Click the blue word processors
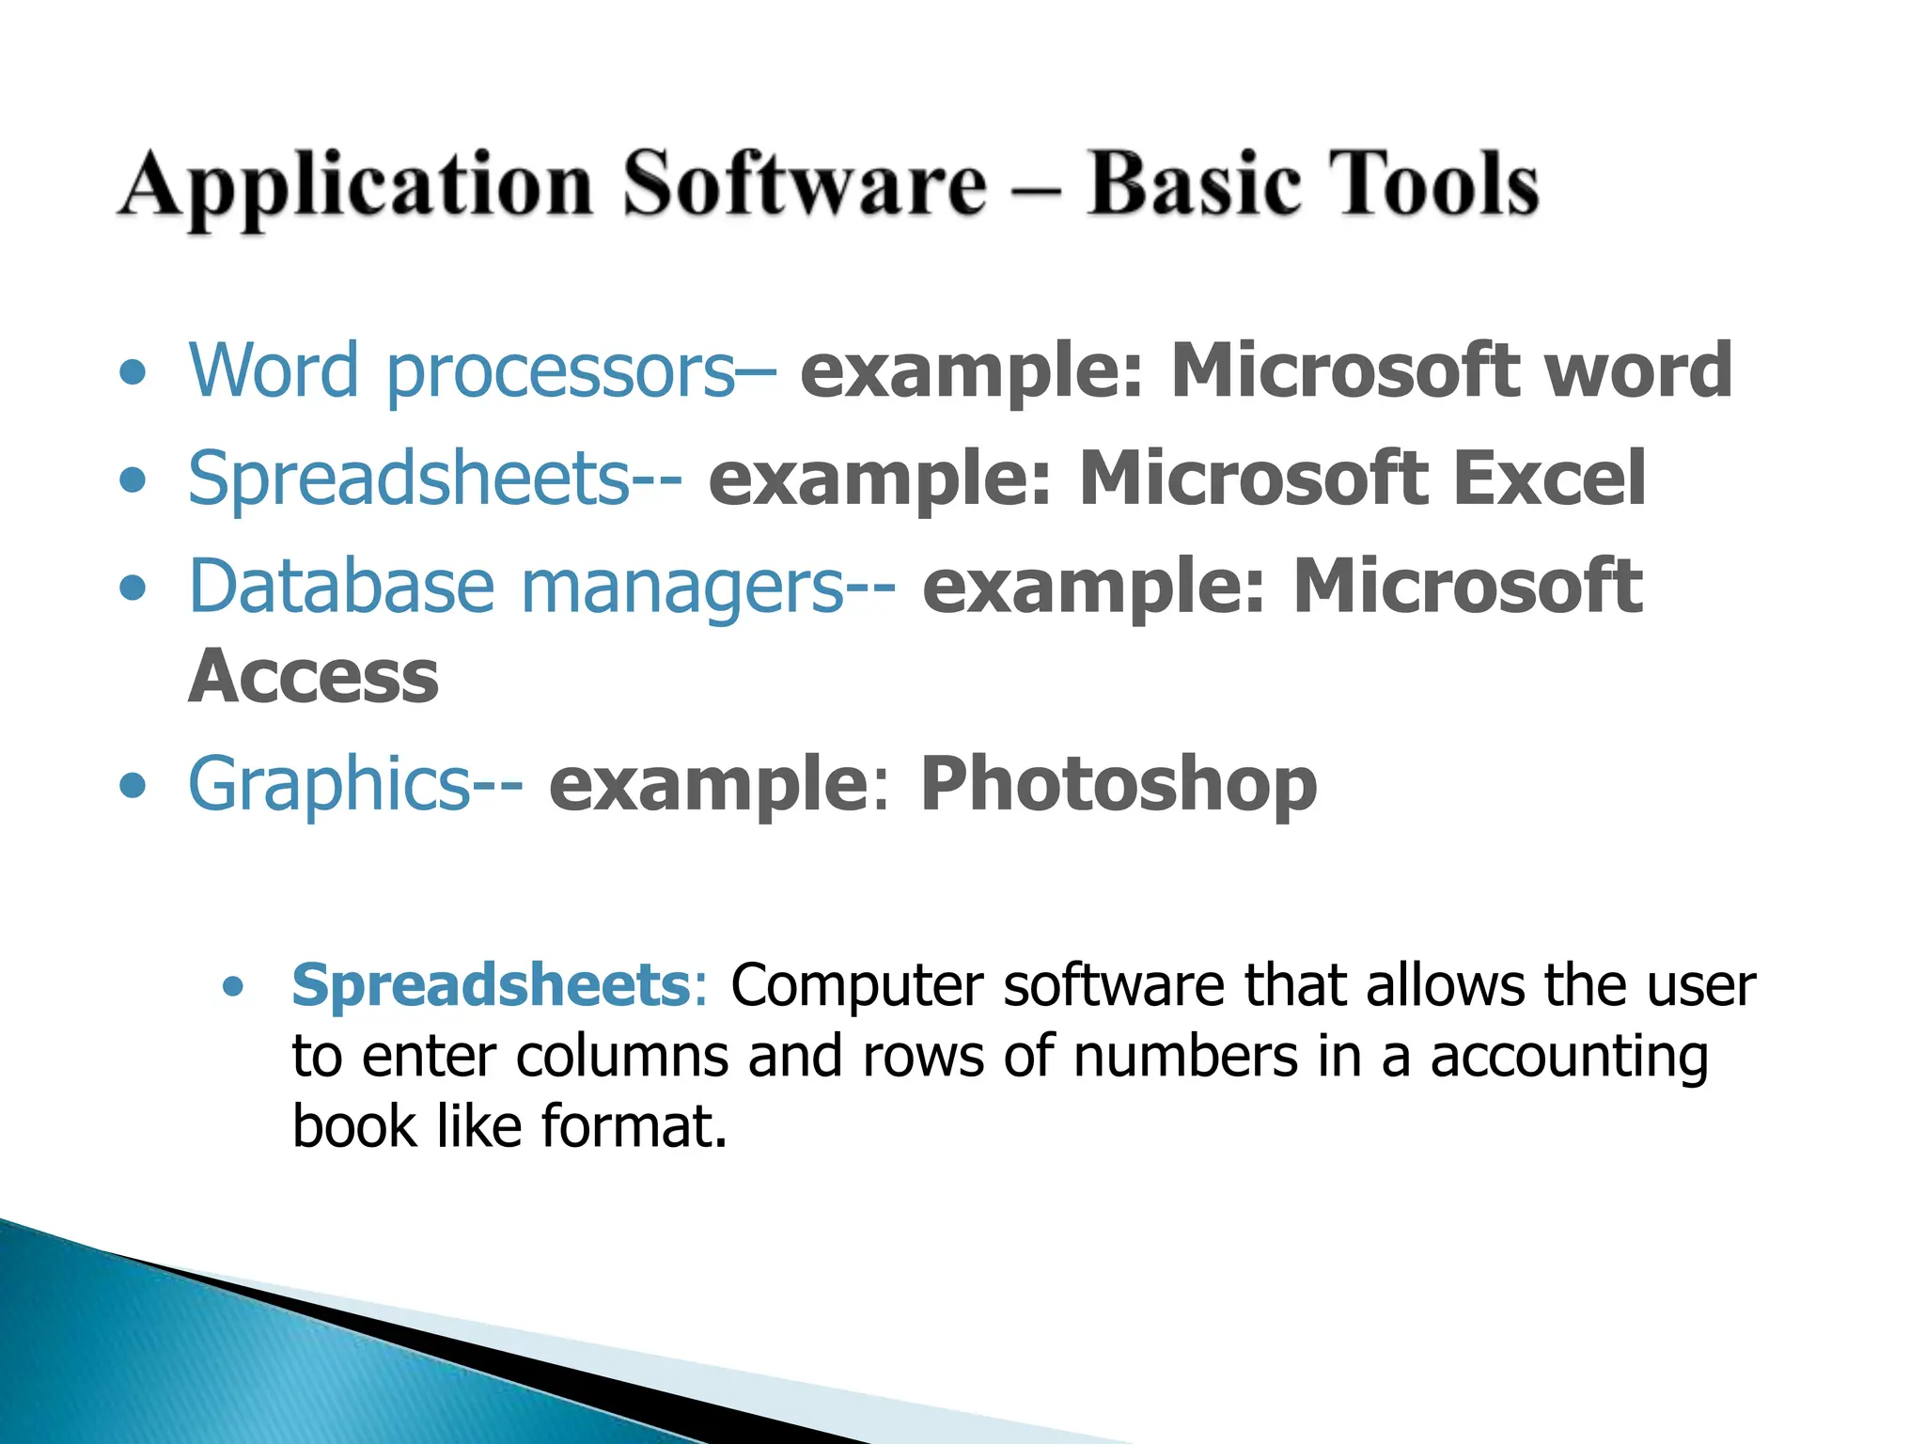pyautogui.click(x=560, y=373)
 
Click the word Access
pyautogui.click(x=314, y=677)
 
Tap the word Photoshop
pyautogui.click(x=1118, y=785)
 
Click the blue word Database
pyautogui.click(x=341, y=587)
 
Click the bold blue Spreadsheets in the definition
pyautogui.click(x=492, y=986)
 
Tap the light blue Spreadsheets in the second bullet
pyautogui.click(x=409, y=479)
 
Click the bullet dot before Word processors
pyautogui.click(x=133, y=373)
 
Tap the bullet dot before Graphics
pyautogui.click(x=133, y=785)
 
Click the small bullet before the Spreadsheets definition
pyautogui.click(x=233, y=987)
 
